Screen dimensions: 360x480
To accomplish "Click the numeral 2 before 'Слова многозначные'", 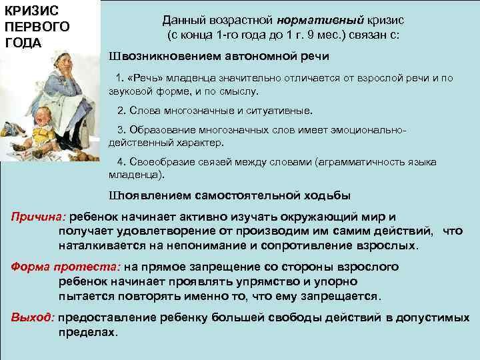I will (x=119, y=110).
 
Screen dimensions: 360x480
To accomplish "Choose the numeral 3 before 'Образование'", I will (x=119, y=129).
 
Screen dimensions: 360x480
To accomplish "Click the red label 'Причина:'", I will (x=39, y=217).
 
